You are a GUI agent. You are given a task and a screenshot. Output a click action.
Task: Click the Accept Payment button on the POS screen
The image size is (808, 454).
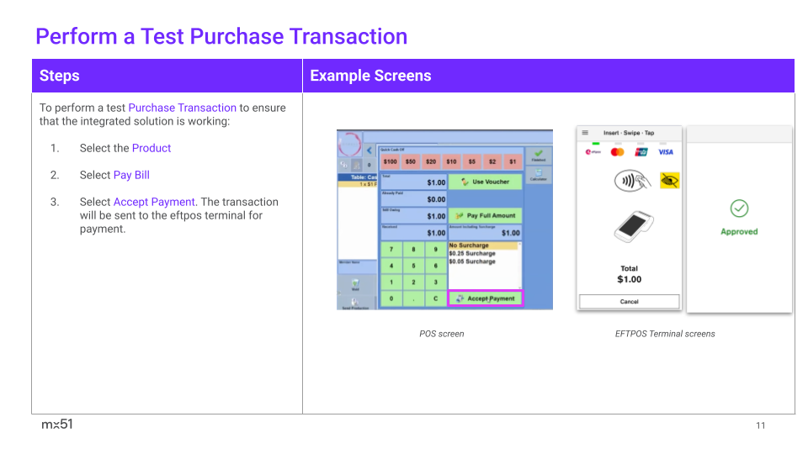pyautogui.click(x=486, y=298)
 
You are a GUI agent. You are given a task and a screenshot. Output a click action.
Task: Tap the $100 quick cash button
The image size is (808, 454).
pyautogui.click(x=390, y=161)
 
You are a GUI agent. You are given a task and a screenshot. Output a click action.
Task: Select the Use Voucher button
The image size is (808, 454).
pyautogui.click(x=485, y=182)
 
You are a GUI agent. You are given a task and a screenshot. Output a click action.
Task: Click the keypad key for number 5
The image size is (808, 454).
pyautogui.click(x=412, y=266)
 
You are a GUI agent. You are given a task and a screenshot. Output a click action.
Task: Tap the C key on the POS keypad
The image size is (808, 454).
pyautogui.click(x=435, y=298)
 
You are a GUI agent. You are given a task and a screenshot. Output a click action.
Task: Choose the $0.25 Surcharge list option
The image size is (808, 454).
pyautogui.click(x=472, y=253)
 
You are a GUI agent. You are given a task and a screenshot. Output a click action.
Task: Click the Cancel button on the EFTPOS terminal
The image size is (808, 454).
pyautogui.click(x=629, y=301)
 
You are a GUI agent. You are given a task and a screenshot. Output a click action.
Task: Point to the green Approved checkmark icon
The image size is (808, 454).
pyautogui.click(x=739, y=208)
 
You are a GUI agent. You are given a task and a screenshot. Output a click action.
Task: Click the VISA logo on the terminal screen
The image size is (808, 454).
pyautogui.click(x=666, y=152)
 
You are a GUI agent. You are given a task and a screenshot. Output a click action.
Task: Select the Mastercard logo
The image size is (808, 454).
pyautogui.click(x=617, y=152)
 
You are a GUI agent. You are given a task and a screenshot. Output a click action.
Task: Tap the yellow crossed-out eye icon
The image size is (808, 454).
pyautogui.click(x=669, y=180)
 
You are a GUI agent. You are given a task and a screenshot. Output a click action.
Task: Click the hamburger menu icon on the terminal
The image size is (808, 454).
pyautogui.click(x=585, y=133)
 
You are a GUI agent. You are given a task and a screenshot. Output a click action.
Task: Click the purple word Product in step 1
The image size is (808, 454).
pyautogui.click(x=151, y=148)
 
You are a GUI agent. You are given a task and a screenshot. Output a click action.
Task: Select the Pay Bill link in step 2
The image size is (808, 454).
pyautogui.click(x=131, y=175)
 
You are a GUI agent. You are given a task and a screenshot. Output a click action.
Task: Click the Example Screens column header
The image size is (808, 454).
pyautogui.click(x=370, y=76)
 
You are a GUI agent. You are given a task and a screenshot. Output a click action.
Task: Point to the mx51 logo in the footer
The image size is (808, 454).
pyautogui.click(x=57, y=425)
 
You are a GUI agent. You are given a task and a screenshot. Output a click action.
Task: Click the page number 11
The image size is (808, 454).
pyautogui.click(x=760, y=425)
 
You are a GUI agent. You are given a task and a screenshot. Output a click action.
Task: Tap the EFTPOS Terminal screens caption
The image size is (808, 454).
pyautogui.click(x=665, y=334)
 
